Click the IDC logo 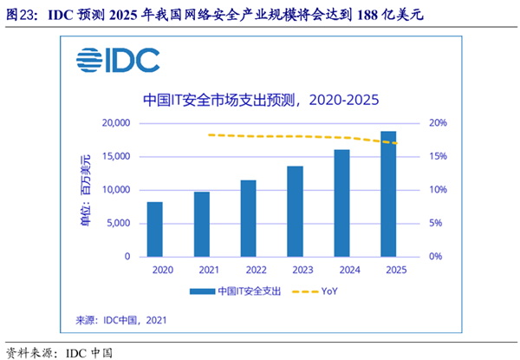[x=118, y=60]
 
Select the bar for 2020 [x=154, y=229]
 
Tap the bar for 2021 [x=201, y=224]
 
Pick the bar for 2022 [x=248, y=219]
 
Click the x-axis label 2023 [x=295, y=271]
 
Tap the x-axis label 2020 [x=154, y=271]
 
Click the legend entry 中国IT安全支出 [x=240, y=291]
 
